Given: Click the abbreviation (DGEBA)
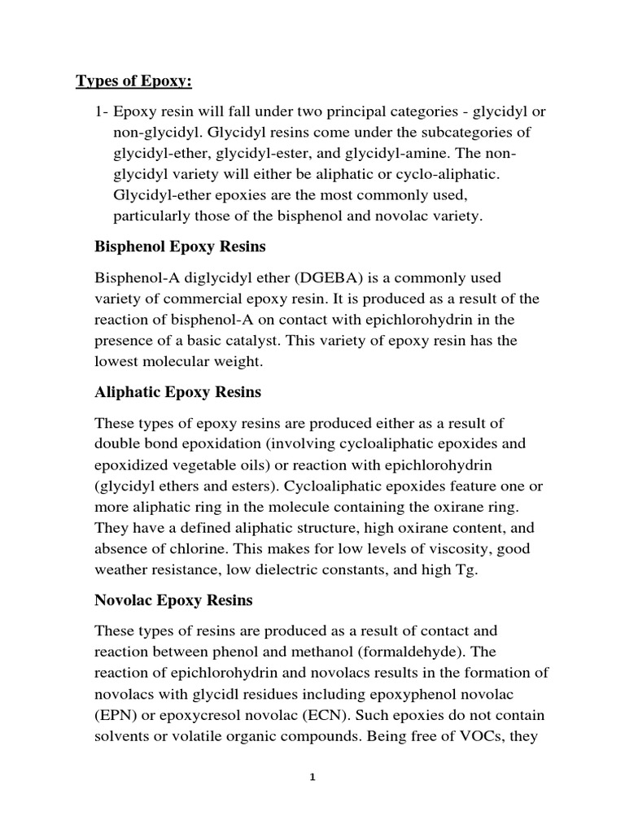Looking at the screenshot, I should tap(286, 278).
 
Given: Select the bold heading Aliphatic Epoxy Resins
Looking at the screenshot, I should tap(178, 393).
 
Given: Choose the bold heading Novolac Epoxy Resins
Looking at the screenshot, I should tap(174, 601).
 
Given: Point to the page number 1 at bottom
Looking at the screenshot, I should tap(312, 777).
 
